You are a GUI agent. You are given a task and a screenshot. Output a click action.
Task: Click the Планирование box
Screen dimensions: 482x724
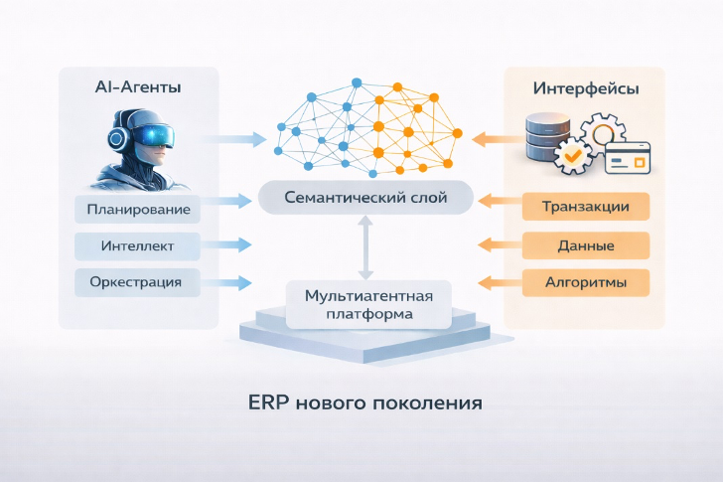click(138, 210)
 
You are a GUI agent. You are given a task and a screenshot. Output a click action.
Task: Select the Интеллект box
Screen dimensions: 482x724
click(138, 245)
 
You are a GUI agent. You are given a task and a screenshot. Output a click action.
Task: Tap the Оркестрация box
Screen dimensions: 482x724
click(138, 282)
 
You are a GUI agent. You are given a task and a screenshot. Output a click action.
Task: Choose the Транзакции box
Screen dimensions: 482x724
click(586, 207)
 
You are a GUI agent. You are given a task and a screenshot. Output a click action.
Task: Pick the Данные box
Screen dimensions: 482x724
click(586, 245)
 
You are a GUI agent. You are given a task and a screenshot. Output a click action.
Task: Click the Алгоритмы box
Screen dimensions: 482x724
click(586, 282)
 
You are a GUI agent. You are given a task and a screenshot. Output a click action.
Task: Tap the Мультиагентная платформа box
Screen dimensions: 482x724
click(366, 304)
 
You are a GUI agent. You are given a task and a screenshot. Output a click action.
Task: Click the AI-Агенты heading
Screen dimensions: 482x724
click(138, 88)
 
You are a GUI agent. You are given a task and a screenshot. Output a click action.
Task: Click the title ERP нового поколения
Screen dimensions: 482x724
click(365, 404)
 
